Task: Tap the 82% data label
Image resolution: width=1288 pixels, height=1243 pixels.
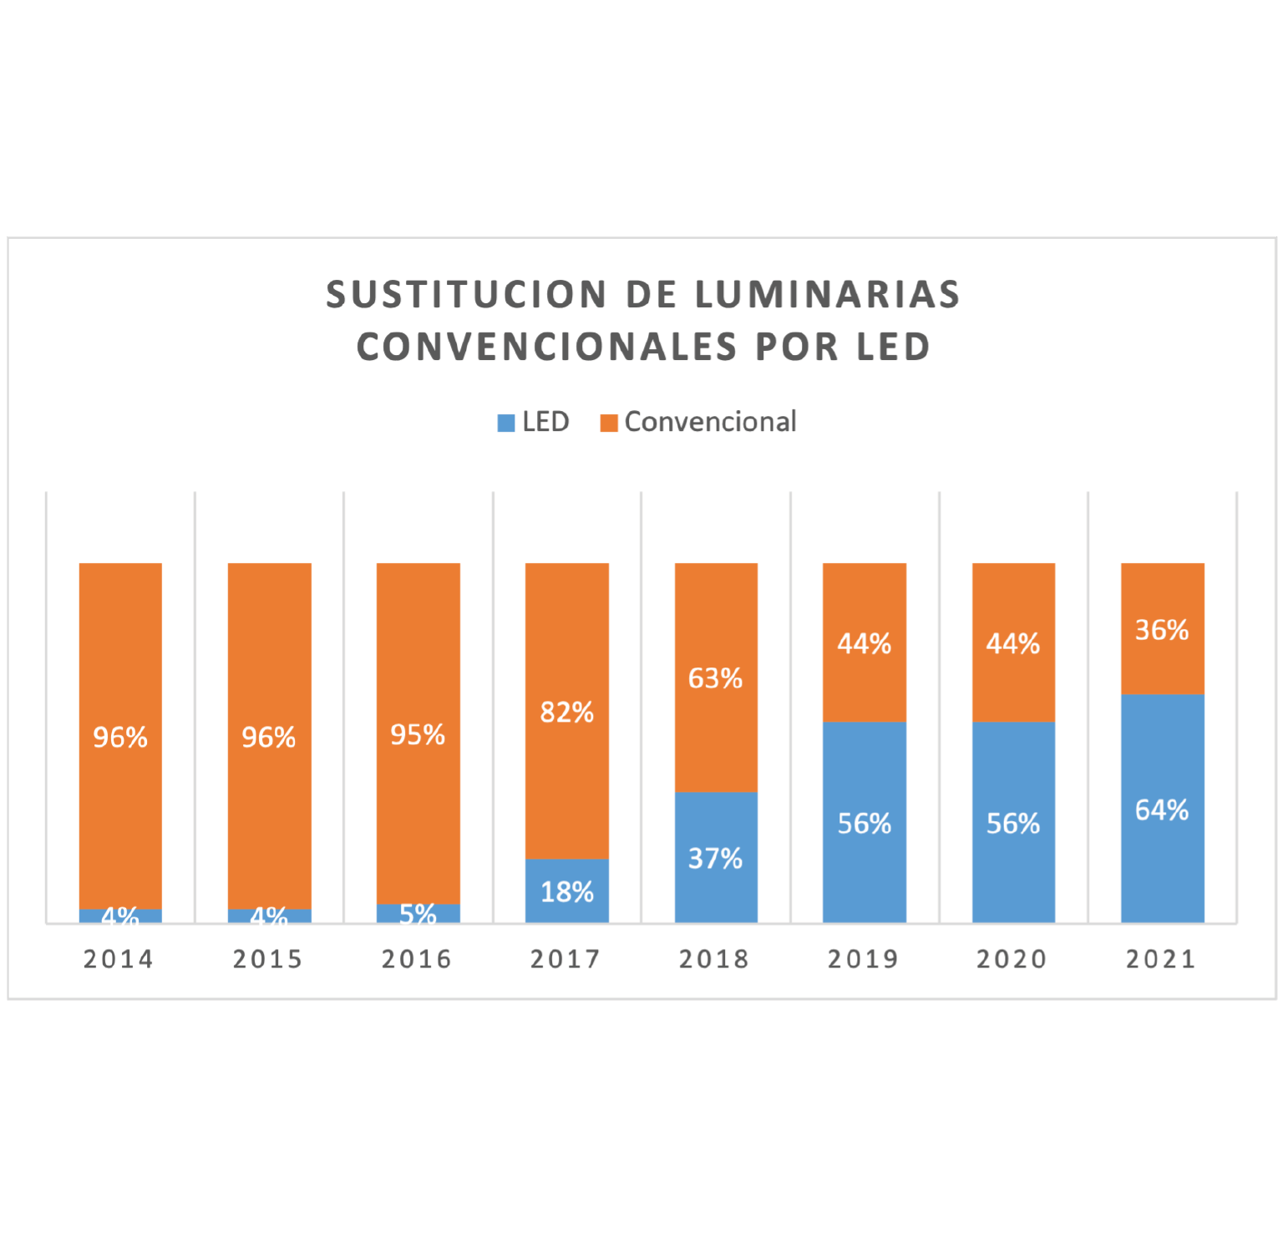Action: click(566, 713)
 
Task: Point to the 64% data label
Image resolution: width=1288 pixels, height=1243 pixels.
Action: click(1162, 810)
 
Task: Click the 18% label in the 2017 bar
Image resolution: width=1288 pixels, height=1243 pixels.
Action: click(566, 892)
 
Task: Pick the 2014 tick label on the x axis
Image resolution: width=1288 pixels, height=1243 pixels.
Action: click(119, 959)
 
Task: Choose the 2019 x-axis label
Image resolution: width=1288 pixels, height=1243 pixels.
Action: click(864, 959)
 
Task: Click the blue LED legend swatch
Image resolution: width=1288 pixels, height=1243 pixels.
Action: click(505, 423)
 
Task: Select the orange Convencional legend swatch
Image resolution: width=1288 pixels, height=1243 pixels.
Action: click(609, 423)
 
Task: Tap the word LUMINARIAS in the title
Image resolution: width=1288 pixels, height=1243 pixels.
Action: click(827, 295)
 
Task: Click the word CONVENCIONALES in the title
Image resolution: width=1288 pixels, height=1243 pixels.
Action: click(547, 348)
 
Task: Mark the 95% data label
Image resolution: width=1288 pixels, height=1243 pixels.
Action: click(418, 735)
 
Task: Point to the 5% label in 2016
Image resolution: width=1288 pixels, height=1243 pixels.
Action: click(418, 914)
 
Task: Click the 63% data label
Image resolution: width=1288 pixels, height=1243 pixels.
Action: click(715, 678)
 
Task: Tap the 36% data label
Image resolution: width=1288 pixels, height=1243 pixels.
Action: click(1162, 630)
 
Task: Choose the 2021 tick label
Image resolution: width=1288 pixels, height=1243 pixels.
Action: click(1161, 959)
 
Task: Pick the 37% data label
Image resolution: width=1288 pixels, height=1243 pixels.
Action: click(715, 859)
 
